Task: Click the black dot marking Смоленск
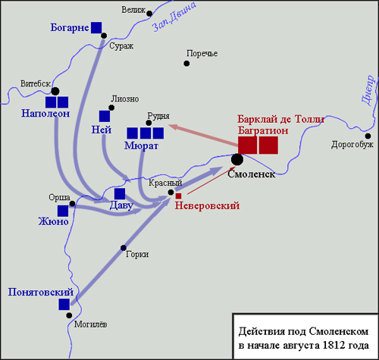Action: click(237, 159)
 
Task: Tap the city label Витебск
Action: click(36, 83)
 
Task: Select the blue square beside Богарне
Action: click(96, 27)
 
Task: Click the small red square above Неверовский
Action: click(178, 196)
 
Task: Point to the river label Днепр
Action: click(368, 90)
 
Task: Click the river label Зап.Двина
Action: click(174, 17)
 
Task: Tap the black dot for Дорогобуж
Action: click(368, 136)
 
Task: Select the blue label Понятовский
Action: click(41, 292)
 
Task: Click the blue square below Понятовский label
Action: click(64, 305)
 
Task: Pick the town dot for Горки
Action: click(124, 248)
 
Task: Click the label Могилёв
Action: click(90, 324)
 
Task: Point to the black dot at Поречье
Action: click(186, 64)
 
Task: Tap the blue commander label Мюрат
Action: click(141, 146)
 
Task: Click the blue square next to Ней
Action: click(105, 116)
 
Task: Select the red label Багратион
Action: click(263, 130)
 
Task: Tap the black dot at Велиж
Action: click(149, 14)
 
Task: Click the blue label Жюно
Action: click(53, 221)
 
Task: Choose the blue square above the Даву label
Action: click(120, 194)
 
